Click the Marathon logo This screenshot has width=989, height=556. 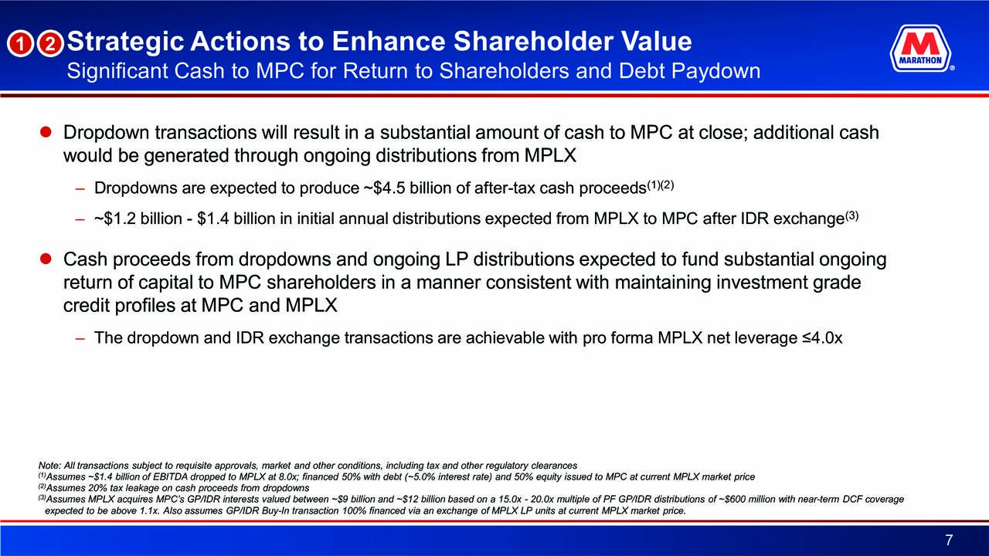pos(921,48)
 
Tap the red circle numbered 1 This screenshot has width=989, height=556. pos(20,44)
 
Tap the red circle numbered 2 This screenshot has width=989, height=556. pos(50,44)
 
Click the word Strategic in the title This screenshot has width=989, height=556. pos(125,42)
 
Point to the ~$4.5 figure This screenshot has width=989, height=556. pos(384,188)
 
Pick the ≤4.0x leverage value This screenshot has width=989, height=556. pos(823,338)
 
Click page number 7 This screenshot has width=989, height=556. pos(949,540)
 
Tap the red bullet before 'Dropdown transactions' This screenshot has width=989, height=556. pos(46,132)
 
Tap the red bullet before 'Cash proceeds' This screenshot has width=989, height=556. pos(46,259)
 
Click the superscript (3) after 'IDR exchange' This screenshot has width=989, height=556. pos(851,215)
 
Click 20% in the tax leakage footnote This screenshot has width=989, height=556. pos(97,488)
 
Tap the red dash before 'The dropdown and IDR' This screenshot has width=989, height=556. pos(80,338)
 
